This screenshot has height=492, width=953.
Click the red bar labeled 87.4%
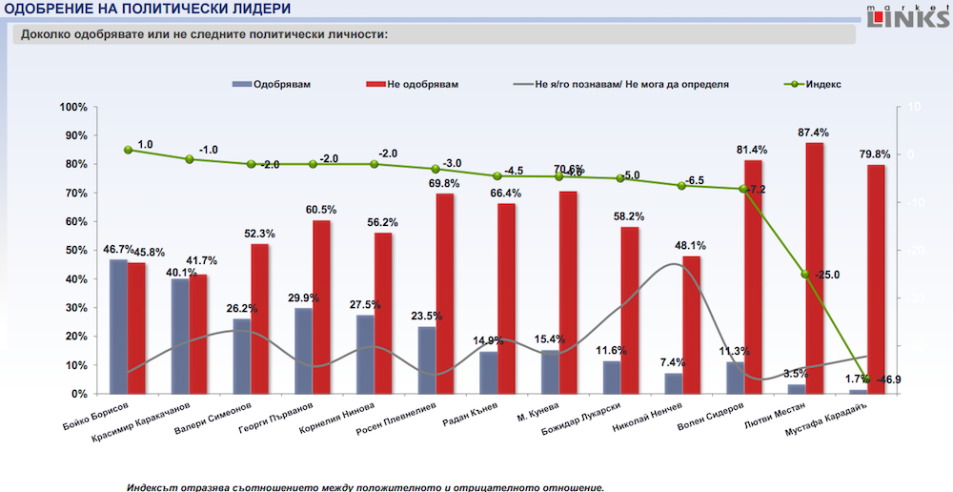814,268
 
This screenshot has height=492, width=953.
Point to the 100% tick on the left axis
72,107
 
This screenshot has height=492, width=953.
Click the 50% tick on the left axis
74,251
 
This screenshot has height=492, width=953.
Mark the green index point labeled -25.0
805,275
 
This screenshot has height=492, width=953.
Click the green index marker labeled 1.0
128,150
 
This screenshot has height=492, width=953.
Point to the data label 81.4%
753,150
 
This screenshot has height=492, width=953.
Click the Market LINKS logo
906,18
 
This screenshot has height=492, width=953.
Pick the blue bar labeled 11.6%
611,378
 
